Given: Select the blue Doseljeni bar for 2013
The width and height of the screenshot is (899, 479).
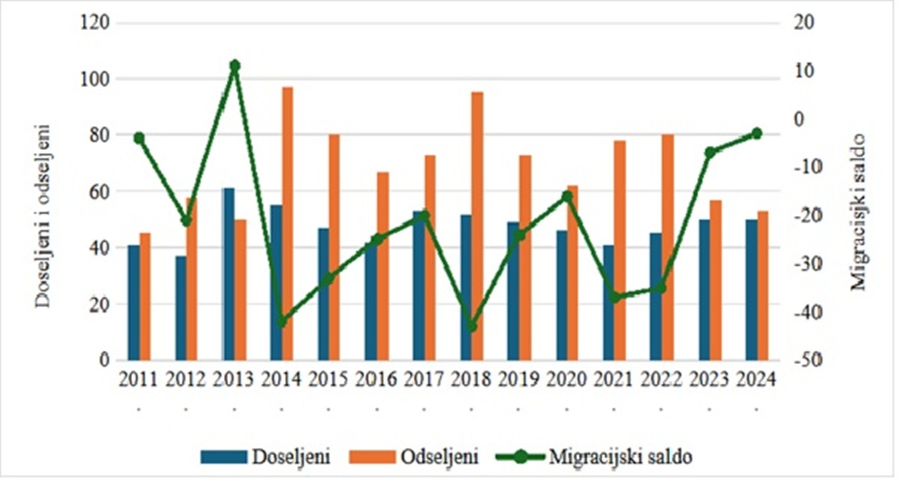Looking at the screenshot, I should (229, 274).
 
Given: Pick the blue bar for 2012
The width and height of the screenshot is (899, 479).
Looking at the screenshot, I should (181, 308).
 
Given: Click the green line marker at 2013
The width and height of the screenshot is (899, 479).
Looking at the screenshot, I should (235, 66).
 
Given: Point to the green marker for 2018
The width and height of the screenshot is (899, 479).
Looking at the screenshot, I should (472, 327).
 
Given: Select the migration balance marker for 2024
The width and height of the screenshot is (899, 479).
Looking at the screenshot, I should (757, 133).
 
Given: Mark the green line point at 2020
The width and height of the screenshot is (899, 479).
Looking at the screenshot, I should (567, 196).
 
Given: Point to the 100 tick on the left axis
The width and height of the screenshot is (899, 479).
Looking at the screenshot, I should (95, 79).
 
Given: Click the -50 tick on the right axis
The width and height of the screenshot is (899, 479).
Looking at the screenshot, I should (809, 360).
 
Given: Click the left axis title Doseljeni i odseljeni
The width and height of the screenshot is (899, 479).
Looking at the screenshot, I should (44, 215).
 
